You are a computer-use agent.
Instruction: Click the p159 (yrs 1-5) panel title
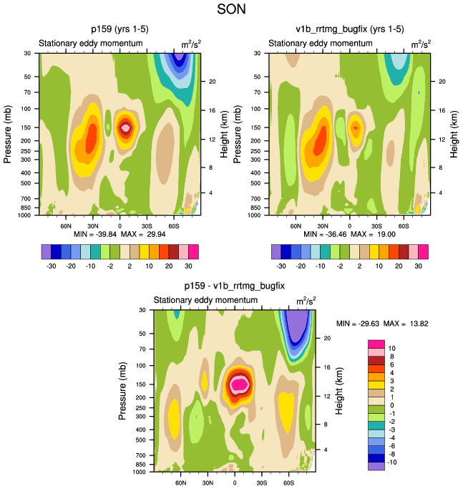(120, 30)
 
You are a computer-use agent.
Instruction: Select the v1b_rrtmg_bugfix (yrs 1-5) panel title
(350, 30)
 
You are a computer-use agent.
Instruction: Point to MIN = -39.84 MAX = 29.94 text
(120, 234)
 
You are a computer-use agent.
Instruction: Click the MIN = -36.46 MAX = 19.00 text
(350, 234)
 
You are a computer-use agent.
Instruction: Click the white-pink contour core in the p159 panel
(126, 128)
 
